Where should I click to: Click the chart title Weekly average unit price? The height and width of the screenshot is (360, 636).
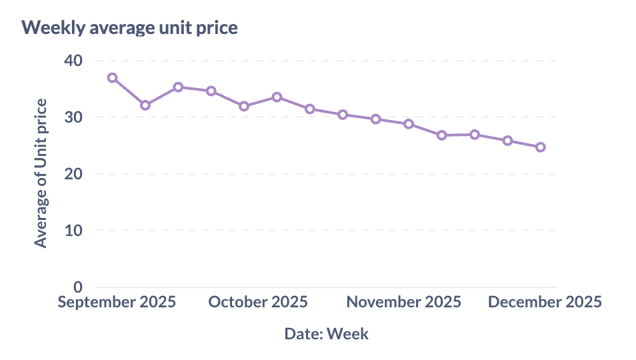tap(129, 28)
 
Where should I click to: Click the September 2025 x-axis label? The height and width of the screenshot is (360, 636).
tap(117, 302)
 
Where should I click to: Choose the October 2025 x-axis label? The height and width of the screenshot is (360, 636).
tap(258, 302)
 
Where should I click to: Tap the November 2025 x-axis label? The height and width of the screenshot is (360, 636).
tap(403, 302)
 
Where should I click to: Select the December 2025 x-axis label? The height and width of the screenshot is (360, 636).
tap(545, 302)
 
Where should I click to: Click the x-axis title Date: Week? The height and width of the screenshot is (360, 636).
tap(326, 333)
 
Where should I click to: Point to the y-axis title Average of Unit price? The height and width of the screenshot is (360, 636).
tap(41, 173)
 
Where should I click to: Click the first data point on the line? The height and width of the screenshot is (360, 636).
tap(112, 78)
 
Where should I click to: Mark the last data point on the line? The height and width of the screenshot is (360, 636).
tap(540, 147)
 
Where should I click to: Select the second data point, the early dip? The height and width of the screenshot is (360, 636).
tap(145, 105)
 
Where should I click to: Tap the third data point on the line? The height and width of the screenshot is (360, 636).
tap(178, 87)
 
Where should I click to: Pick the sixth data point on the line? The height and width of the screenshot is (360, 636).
tap(277, 97)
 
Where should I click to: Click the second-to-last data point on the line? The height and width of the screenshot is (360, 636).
tap(507, 141)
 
